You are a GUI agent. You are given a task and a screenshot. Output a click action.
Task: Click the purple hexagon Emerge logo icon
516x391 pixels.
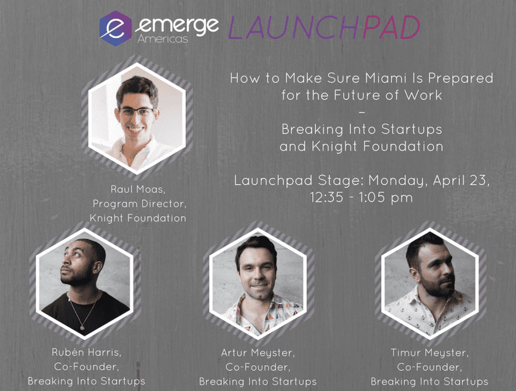coord(115,28)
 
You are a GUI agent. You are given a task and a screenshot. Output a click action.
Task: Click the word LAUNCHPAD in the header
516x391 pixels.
coord(324,28)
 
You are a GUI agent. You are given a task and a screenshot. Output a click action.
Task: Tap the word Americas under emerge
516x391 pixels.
coord(163,39)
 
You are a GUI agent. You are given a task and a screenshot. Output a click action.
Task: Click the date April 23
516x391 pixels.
coord(460,181)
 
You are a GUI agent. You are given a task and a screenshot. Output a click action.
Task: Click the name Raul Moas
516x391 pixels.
coord(137,189)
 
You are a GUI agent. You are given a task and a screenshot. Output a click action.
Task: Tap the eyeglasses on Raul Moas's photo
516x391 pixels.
coord(137,112)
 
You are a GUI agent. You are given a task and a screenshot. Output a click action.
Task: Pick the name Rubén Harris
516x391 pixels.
coord(86,352)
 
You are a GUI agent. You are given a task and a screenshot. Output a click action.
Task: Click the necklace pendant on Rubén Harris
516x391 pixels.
coord(83,328)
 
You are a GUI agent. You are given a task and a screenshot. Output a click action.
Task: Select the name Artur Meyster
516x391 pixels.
coord(258,353)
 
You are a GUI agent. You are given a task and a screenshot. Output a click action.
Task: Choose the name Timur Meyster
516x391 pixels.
coord(430,353)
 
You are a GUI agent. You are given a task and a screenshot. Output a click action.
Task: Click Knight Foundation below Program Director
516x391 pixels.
coord(138,218)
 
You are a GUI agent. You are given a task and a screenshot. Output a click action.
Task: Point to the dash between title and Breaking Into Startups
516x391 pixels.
coord(362,112)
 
